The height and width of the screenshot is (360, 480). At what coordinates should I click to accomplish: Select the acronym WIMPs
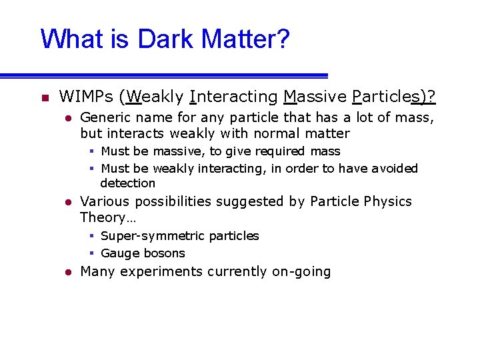[86, 97]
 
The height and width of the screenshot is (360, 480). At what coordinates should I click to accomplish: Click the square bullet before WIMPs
[44, 99]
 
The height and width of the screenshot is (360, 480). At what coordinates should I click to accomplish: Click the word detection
[127, 183]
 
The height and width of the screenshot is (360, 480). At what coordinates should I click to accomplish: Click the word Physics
[388, 201]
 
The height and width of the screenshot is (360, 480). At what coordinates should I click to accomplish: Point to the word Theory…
[103, 217]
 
